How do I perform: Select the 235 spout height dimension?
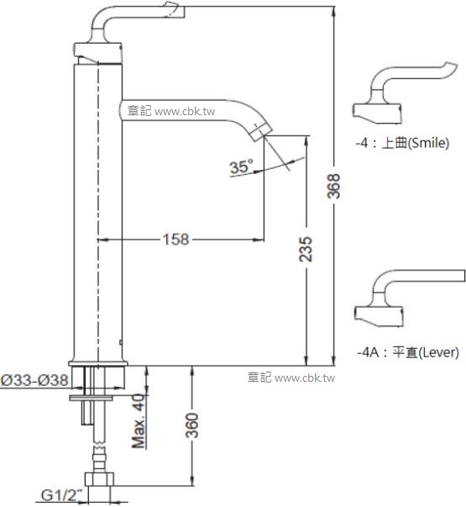point(307,250)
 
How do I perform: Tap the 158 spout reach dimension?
point(175,240)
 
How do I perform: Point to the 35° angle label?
point(241,167)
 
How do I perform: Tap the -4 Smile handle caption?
point(402,143)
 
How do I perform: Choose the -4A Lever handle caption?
point(407,353)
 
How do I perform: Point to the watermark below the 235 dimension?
point(291,378)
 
